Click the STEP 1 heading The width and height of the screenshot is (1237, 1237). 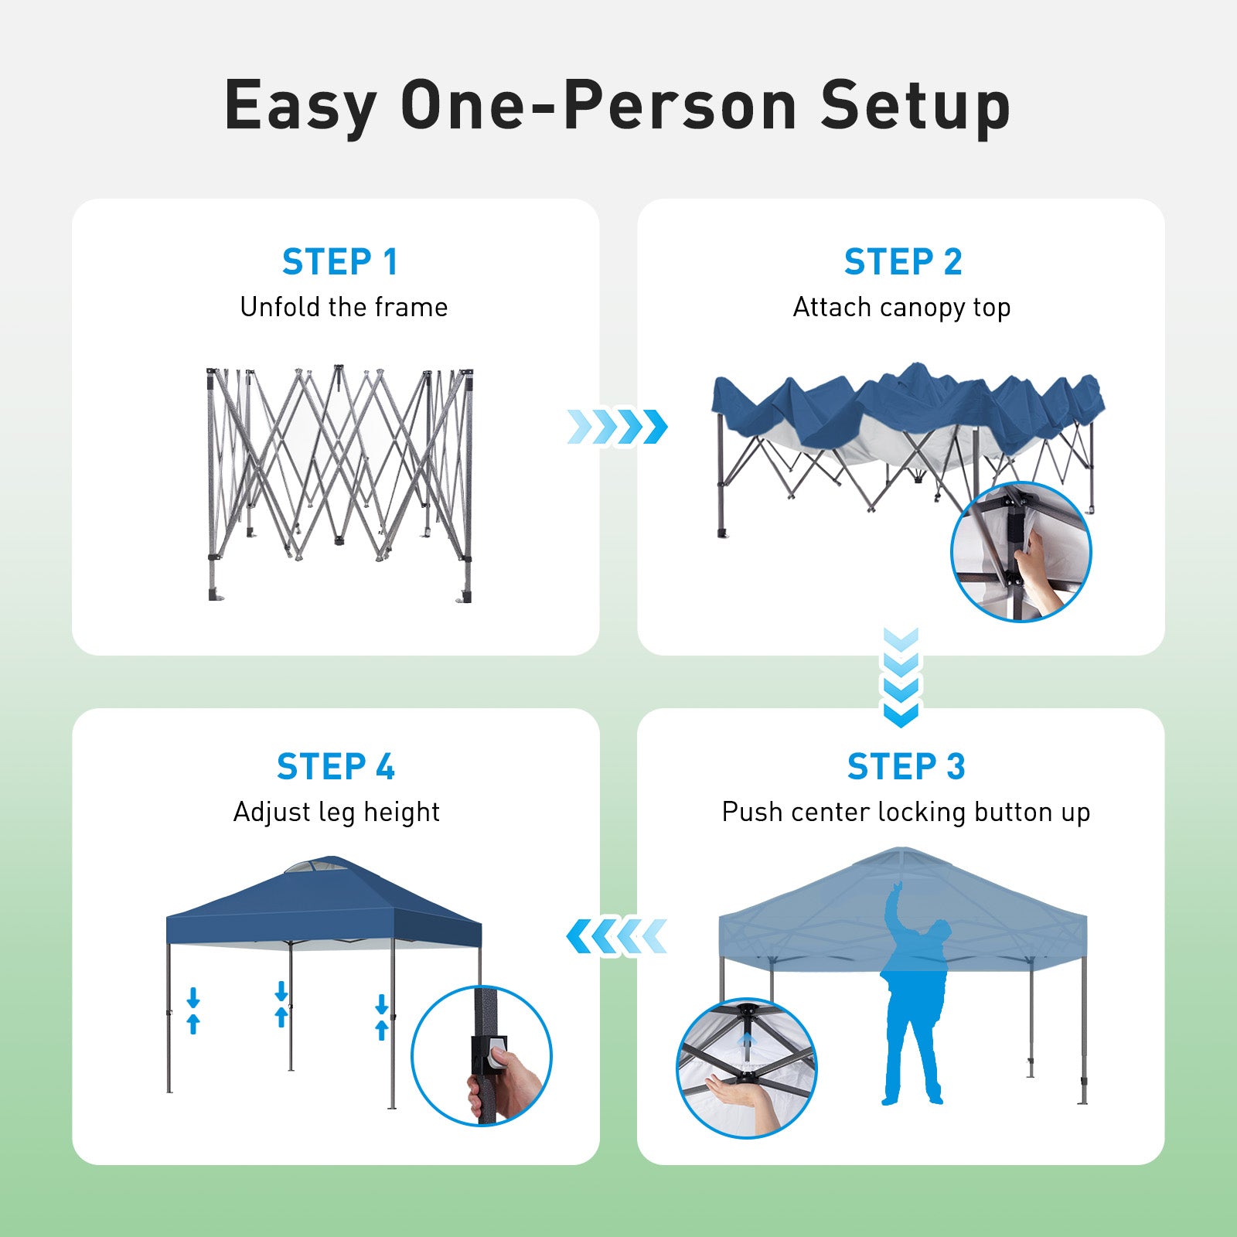[339, 262]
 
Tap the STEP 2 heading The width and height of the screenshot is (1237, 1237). [903, 262]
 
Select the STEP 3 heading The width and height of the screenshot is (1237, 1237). [906, 767]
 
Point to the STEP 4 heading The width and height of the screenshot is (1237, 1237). [336, 767]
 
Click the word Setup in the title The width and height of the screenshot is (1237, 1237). [915, 107]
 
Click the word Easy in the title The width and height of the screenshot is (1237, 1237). [300, 107]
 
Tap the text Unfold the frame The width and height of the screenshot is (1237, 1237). [344, 307]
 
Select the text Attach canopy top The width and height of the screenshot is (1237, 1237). [901, 308]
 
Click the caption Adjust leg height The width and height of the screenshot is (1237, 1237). [336, 813]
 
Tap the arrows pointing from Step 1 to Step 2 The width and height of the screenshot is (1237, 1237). [617, 427]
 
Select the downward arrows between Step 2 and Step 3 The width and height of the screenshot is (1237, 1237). [901, 678]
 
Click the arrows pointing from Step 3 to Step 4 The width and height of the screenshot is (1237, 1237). [617, 937]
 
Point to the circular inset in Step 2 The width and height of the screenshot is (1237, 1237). [1021, 551]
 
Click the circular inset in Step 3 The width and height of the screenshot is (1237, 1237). [747, 1068]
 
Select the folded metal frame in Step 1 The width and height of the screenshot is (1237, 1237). [339, 483]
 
